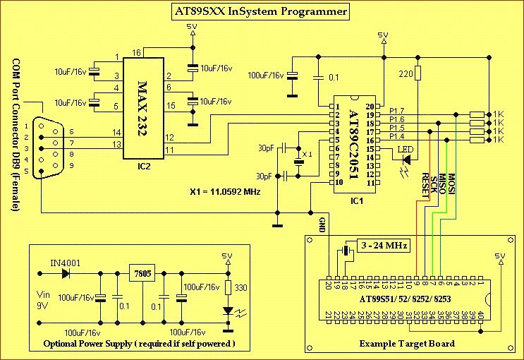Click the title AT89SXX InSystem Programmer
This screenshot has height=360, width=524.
click(261, 12)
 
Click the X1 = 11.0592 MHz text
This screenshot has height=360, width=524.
click(226, 191)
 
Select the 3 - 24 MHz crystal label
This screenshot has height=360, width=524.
click(383, 246)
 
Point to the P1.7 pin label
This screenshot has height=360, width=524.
click(397, 112)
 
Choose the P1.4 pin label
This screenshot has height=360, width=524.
click(397, 137)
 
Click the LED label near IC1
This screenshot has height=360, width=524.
click(406, 149)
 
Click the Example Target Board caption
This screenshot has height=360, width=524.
click(406, 344)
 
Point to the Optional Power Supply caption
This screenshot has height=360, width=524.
click(139, 344)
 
